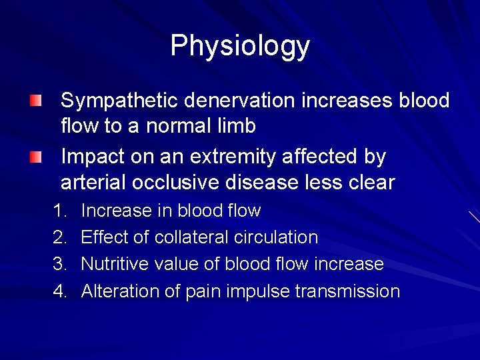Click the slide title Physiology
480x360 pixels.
point(240,46)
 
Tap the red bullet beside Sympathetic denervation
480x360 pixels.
point(35,101)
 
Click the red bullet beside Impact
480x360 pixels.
point(35,158)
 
